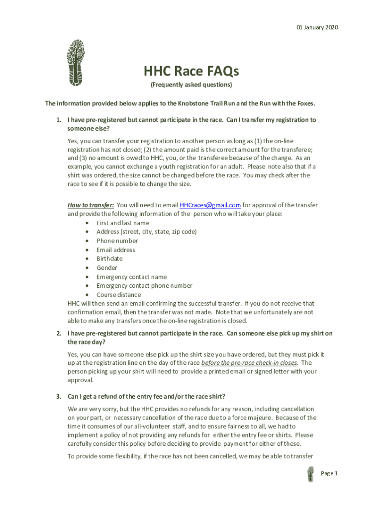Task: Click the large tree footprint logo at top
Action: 76,61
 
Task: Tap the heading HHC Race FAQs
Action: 191,72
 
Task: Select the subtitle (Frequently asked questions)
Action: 191,85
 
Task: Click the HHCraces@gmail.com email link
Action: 210,205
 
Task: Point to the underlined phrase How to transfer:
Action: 91,205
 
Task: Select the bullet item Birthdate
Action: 109,259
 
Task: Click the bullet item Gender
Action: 107,268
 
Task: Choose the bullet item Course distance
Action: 118,295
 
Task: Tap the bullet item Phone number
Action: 117,241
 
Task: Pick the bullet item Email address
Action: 115,250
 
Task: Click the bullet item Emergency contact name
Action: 131,277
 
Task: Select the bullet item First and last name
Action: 122,223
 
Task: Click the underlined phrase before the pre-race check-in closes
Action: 249,362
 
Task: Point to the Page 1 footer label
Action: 329,474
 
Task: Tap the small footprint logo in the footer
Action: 311,474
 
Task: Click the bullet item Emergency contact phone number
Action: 144,286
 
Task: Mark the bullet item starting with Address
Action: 146,232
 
